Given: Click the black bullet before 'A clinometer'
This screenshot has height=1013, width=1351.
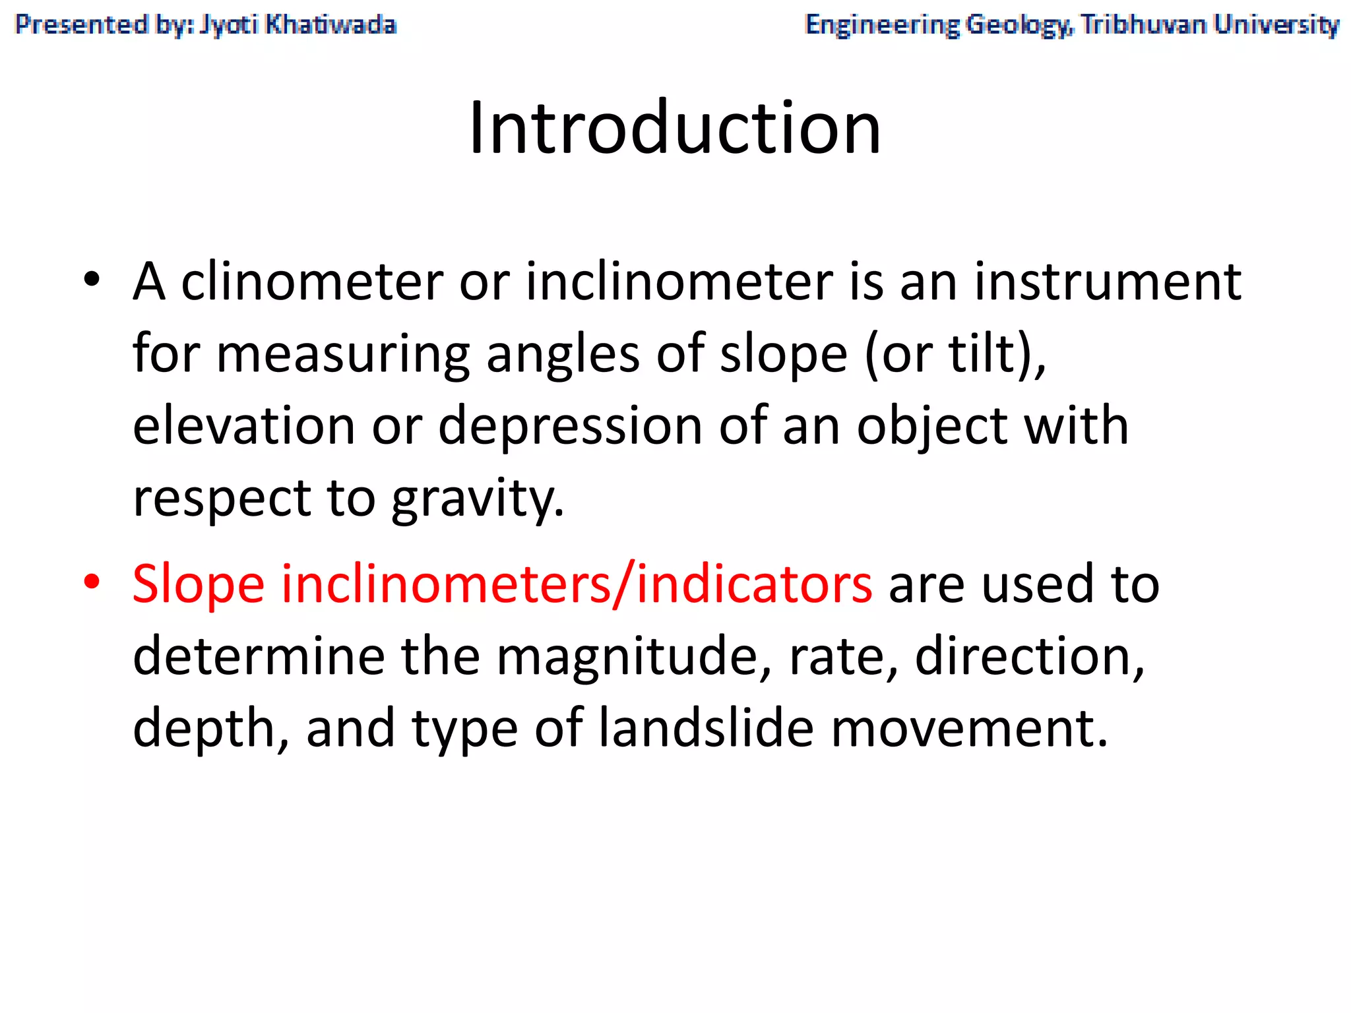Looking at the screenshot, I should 92,280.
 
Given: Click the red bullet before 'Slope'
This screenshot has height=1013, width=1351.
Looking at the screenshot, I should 92,582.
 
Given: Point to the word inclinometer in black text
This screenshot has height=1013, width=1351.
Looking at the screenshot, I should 679,282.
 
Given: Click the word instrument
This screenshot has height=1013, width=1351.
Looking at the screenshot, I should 1108,282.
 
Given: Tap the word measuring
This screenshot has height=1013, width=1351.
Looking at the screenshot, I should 343,355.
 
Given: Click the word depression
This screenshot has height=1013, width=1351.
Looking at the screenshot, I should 570,426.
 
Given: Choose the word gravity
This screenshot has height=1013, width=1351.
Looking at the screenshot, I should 478,499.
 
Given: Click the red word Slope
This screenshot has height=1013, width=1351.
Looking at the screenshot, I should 199,584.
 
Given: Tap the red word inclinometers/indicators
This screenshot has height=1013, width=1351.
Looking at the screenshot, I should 577,584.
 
